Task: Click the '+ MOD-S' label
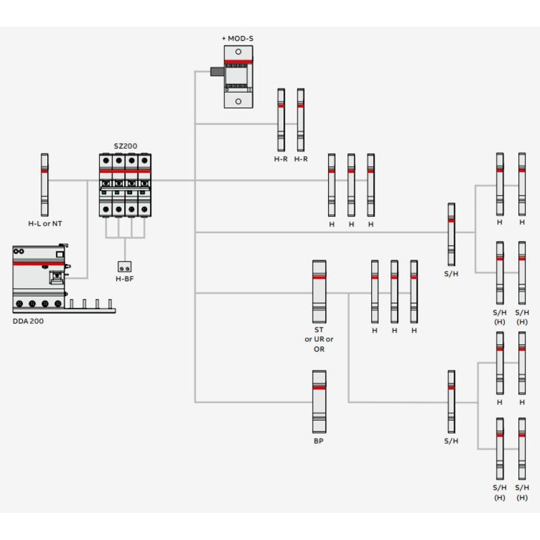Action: point(238,39)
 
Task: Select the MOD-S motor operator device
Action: point(238,76)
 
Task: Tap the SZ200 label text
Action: point(125,146)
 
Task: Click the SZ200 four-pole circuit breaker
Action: point(125,185)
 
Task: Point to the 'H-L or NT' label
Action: point(45,224)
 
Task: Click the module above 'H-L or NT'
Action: point(45,184)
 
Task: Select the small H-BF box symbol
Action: point(125,267)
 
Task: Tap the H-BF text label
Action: point(125,279)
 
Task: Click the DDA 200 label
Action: point(28,321)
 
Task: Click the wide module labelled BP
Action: point(319,401)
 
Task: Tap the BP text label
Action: point(319,441)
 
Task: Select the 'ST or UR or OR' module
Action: point(319,291)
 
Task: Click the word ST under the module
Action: point(319,330)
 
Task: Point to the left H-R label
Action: point(281,159)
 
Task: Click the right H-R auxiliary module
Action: point(301,120)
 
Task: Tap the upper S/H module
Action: point(451,234)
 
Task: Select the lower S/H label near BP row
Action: point(451,441)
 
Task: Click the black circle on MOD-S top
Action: point(238,52)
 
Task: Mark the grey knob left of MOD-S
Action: point(217,71)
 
